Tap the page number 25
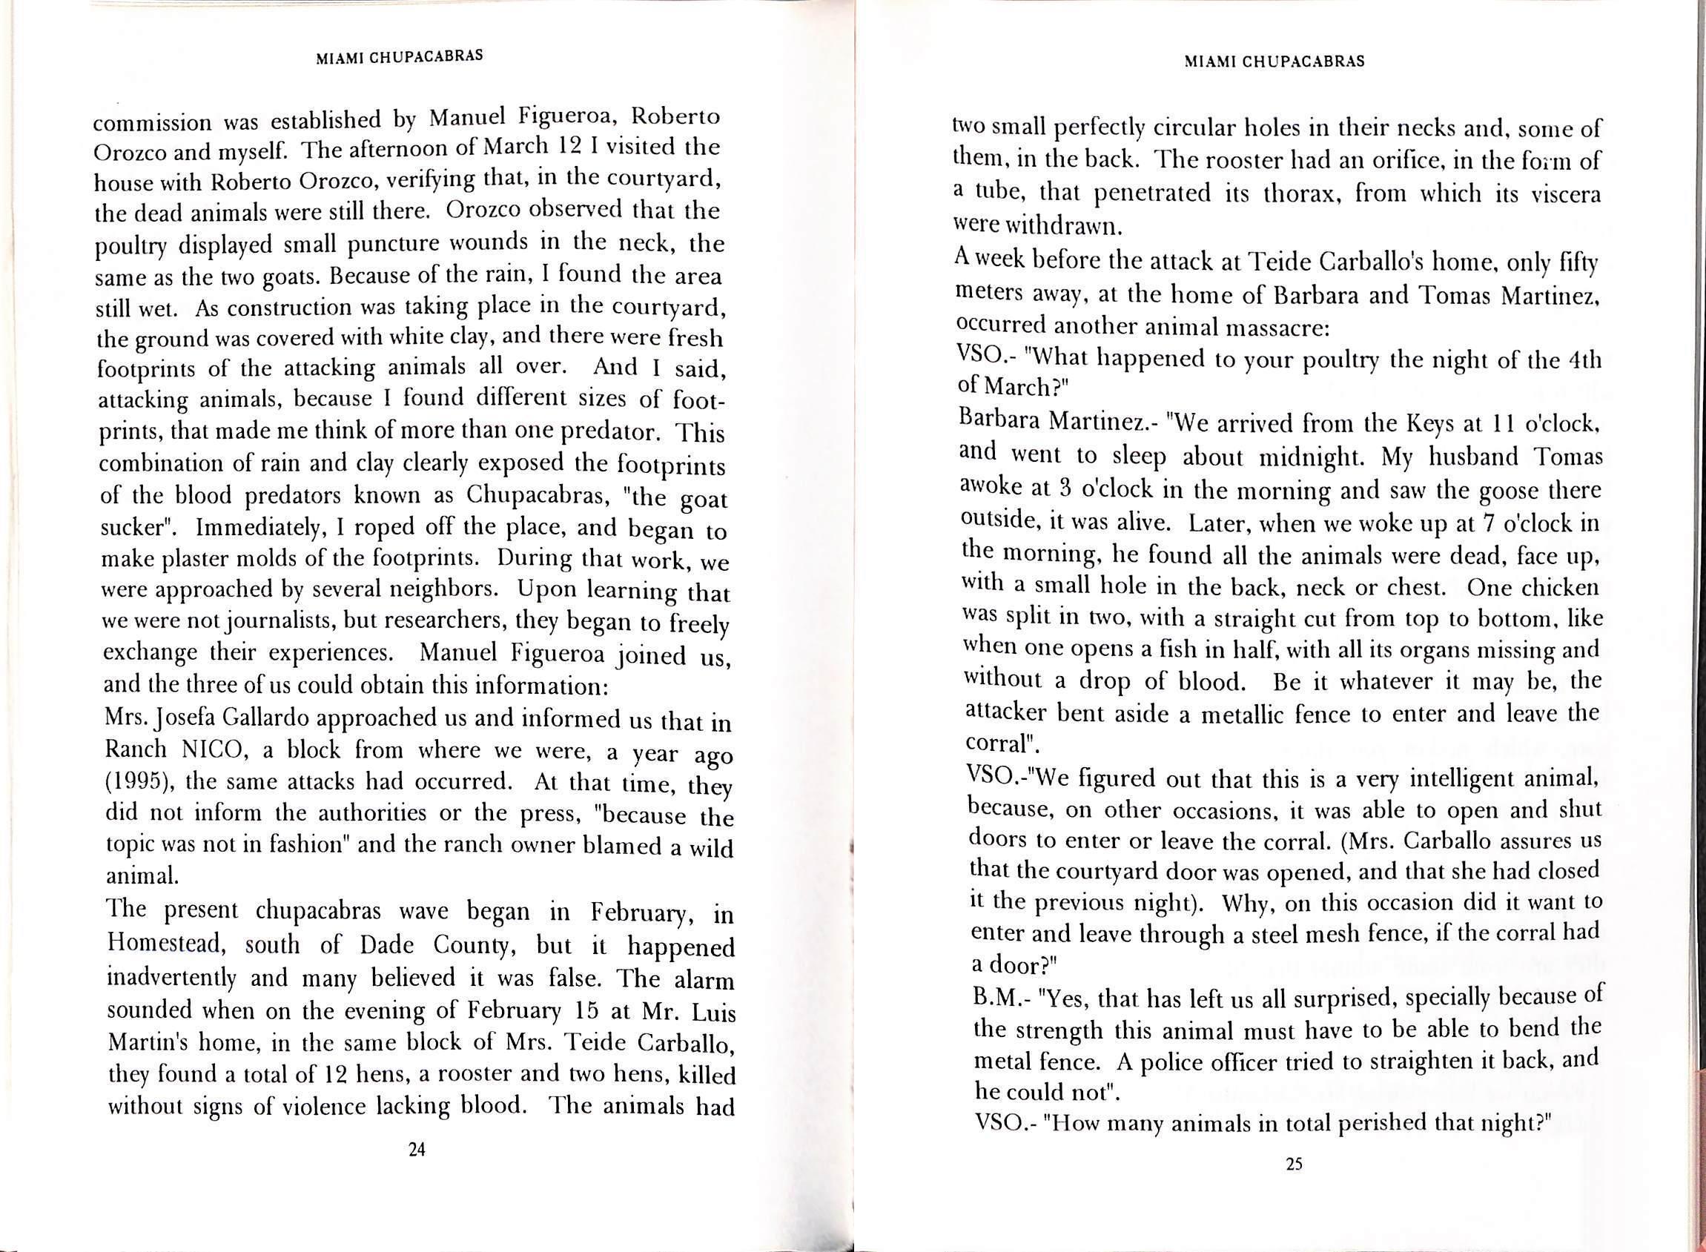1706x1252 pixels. point(1294,1185)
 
